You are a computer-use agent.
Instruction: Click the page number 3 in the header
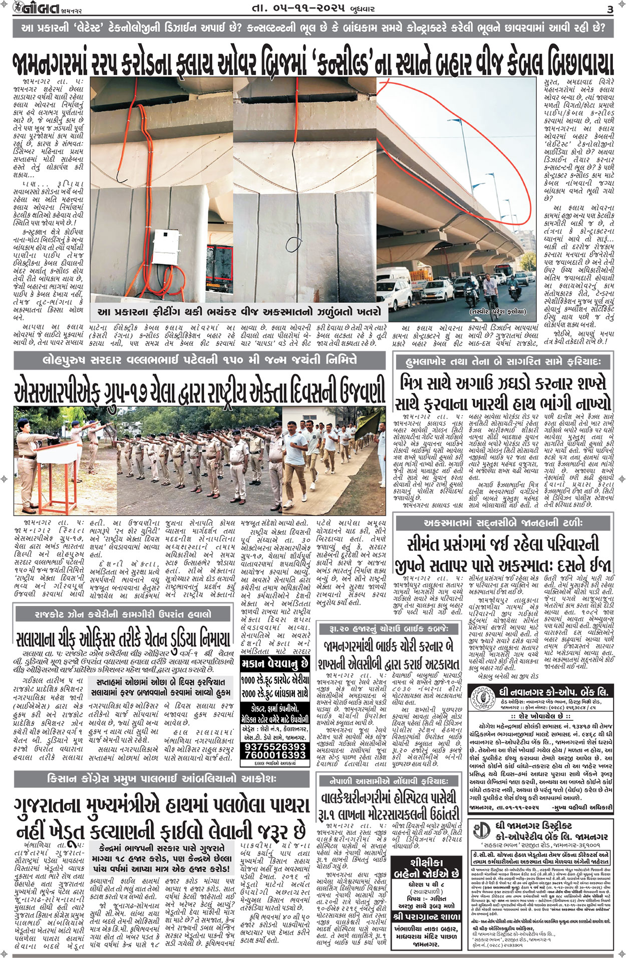pos(609,9)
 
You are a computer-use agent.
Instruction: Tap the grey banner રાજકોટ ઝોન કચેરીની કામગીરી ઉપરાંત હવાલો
pos(123,614)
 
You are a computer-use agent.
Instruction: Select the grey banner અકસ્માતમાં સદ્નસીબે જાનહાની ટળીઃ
pos(503,523)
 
